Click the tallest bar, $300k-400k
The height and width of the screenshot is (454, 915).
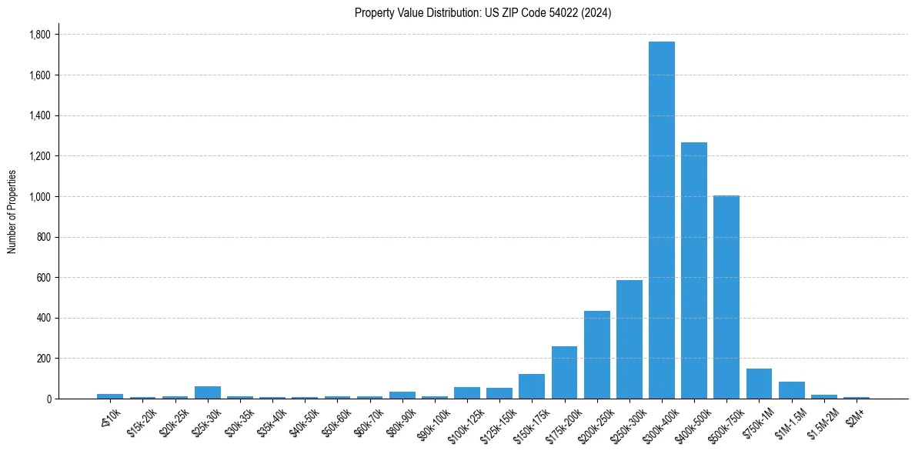661,220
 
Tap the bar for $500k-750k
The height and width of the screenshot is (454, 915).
726,297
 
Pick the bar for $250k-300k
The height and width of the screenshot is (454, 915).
629,339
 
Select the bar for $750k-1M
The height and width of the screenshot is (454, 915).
759,384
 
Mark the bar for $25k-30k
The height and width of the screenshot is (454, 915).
208,392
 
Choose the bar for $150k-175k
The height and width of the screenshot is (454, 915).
532,386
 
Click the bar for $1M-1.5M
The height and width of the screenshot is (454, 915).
791,390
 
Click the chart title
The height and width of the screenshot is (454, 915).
483,13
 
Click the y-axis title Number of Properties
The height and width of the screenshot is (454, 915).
12,212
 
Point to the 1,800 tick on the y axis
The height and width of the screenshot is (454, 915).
39,35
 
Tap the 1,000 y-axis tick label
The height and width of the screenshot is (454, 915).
39,196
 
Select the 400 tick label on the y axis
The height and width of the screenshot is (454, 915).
43,318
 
